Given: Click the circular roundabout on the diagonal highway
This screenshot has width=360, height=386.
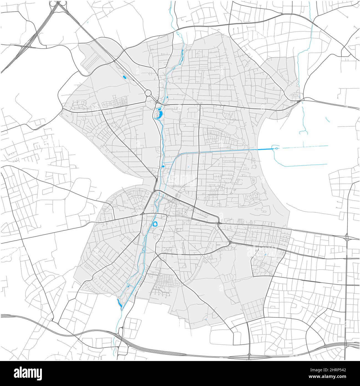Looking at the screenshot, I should [x=148, y=93].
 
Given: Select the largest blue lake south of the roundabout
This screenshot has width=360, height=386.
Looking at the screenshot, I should [x=160, y=114].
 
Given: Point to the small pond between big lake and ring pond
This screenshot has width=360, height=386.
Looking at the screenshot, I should [x=163, y=166].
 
